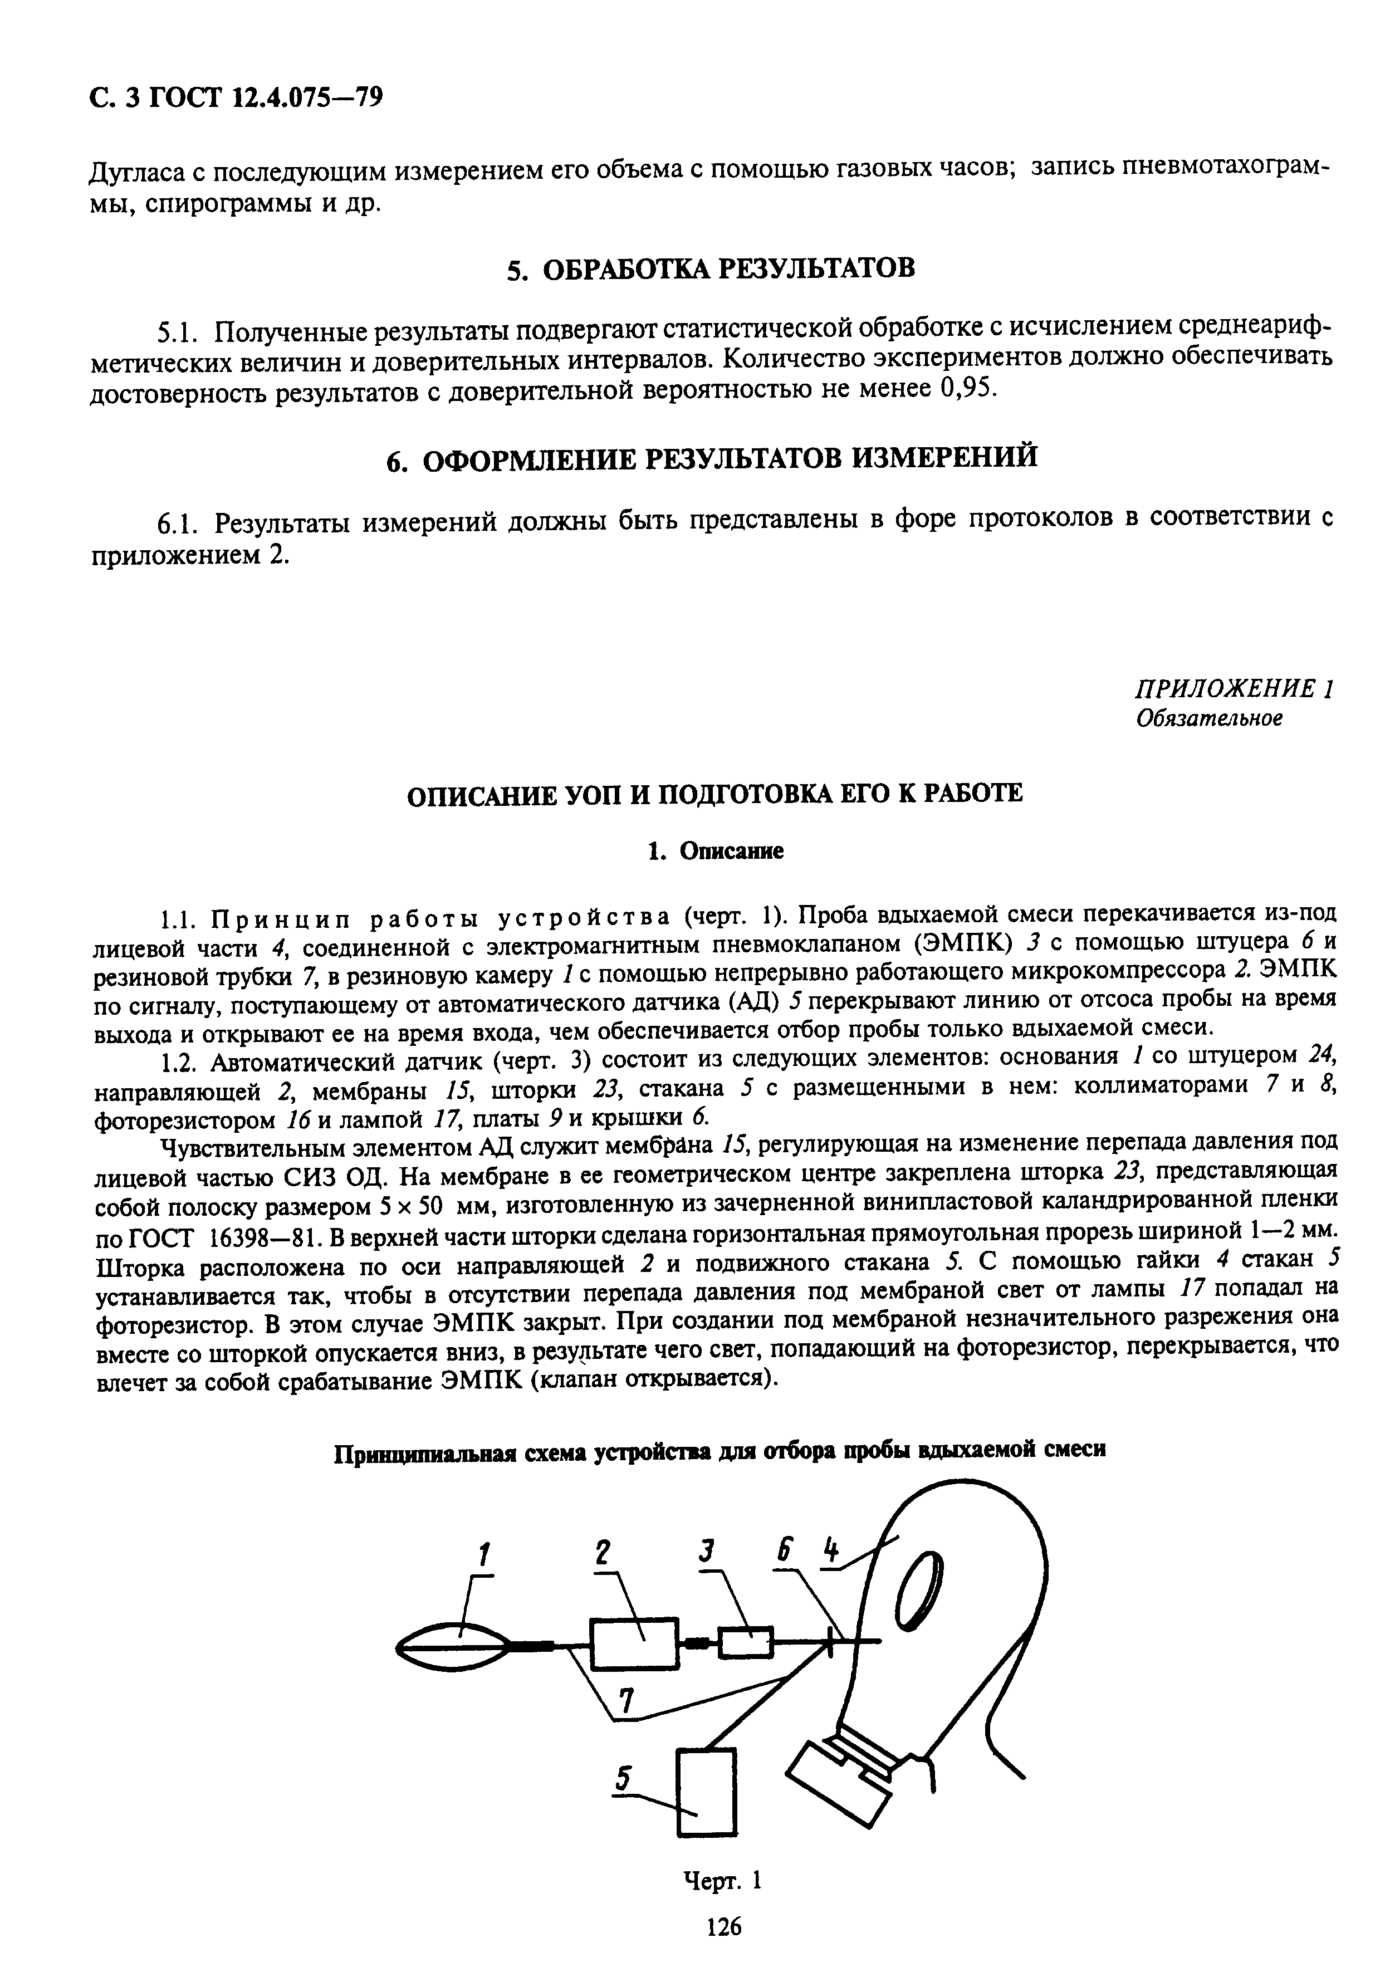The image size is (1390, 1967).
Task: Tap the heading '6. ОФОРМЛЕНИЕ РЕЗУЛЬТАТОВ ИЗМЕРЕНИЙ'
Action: pyautogui.click(x=711, y=457)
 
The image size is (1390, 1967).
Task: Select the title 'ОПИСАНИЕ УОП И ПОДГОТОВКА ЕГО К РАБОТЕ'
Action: pyautogui.click(x=713, y=793)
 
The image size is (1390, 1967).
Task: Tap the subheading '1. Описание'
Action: pyautogui.click(x=715, y=851)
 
